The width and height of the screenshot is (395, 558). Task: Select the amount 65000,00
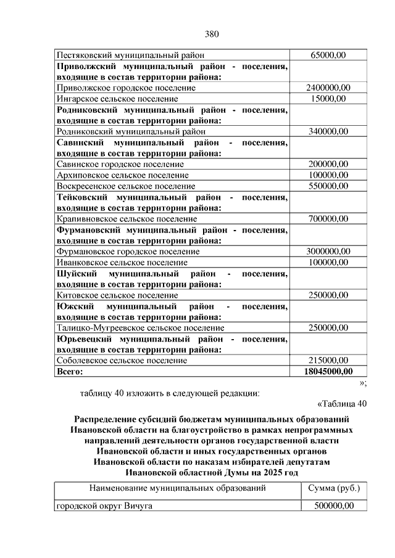328,55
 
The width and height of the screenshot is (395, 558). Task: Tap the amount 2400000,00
328,88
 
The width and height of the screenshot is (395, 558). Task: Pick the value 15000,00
328,99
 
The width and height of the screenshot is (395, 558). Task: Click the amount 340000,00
328,131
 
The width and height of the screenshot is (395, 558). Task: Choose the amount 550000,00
328,186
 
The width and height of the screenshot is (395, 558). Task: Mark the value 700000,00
328,218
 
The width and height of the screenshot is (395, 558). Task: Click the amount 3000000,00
328,251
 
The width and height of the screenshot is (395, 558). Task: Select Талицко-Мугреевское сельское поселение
140,328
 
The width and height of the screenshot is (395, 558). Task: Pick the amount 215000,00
328,361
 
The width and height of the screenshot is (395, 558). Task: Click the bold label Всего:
69,372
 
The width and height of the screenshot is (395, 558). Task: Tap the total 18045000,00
328,372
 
